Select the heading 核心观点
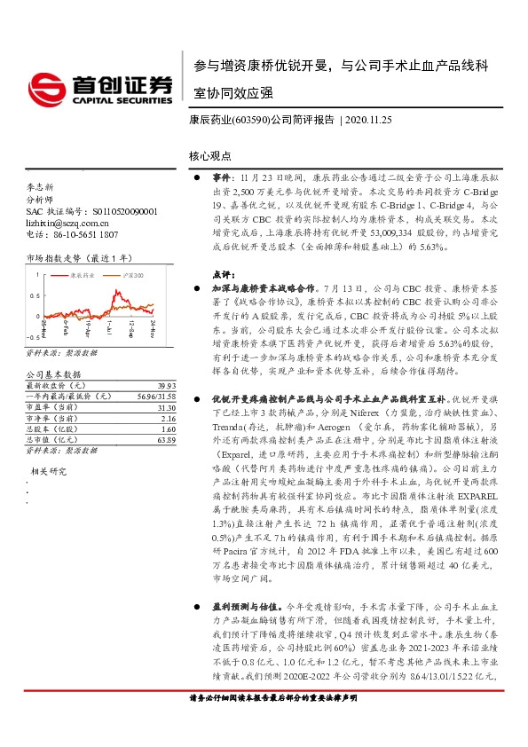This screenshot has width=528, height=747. tap(209, 155)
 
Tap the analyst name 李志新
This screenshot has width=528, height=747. tap(41, 188)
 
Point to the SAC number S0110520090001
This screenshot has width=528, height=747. tap(124, 212)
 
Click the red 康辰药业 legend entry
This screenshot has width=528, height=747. tap(80, 276)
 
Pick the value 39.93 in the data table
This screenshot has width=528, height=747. tap(165, 386)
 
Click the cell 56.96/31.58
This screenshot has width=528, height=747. tap(158, 395)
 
